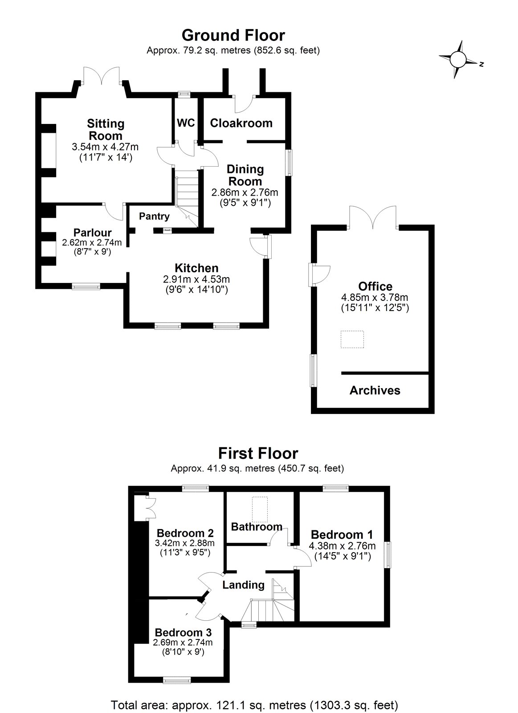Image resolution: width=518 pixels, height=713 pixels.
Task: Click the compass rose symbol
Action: [x=458, y=59]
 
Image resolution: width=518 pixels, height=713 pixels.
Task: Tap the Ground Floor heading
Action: [x=233, y=35]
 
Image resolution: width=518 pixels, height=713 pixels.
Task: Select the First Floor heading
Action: [x=258, y=453]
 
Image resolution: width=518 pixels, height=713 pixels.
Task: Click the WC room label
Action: [x=186, y=123]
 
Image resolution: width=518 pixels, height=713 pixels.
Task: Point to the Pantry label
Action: [x=154, y=217]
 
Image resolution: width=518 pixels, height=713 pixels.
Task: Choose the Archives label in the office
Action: [x=375, y=390]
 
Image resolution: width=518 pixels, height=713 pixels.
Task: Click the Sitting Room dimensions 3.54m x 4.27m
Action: [x=105, y=147]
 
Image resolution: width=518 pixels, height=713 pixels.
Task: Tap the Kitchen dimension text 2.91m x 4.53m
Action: [x=196, y=279]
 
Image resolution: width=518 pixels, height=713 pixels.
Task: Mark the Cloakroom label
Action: [x=241, y=123]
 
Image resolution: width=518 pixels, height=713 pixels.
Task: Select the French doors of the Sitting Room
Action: [x=102, y=75]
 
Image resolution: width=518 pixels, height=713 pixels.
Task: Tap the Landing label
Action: [x=243, y=585]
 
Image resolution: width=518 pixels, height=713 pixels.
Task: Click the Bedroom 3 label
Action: [x=183, y=632]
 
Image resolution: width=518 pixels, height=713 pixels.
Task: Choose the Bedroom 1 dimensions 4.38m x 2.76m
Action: [x=342, y=546]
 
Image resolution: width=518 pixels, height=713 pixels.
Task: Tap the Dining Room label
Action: [x=245, y=175]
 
